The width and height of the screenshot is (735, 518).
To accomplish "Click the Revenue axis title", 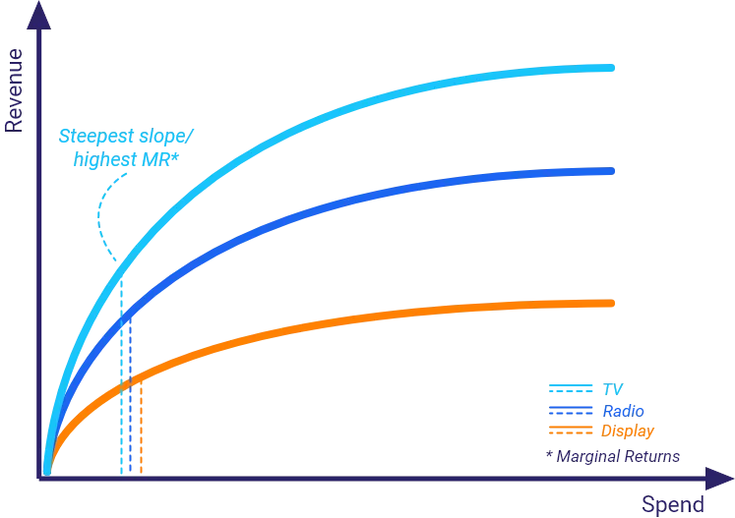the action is (x=14, y=90).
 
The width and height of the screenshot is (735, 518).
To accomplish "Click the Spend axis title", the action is (x=673, y=504).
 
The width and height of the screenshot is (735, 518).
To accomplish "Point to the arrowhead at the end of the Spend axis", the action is (x=719, y=479).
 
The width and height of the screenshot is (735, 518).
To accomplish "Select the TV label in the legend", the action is (x=612, y=389).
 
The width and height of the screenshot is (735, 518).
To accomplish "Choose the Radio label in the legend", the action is (x=623, y=411).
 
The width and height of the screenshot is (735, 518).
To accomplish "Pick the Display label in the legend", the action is (x=628, y=431).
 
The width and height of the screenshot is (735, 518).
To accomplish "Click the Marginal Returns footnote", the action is (x=613, y=456).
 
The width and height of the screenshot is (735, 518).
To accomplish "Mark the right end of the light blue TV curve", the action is (x=611, y=68).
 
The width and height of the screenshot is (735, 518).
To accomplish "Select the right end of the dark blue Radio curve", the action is (x=611, y=171).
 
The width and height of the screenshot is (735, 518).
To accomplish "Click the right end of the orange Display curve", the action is (x=611, y=303).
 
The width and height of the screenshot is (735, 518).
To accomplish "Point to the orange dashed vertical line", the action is (x=141, y=428).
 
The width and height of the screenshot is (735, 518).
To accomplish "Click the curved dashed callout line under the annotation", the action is (x=99, y=215).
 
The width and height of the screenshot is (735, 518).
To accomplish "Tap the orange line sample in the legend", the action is (x=571, y=430).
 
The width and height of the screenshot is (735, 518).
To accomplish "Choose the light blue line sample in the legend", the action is (x=571, y=388).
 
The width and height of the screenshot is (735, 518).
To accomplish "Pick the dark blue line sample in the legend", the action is (x=571, y=410).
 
